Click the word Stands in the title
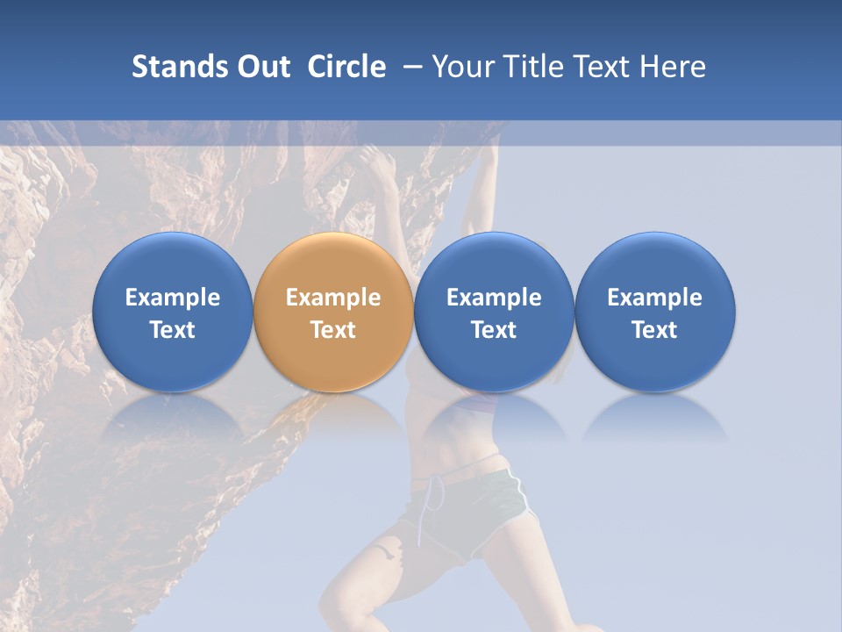[181, 67]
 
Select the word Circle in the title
[346, 67]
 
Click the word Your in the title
[460, 67]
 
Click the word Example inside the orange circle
[333, 298]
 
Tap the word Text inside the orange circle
[333, 330]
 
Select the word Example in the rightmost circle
[655, 298]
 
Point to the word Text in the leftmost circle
[172, 330]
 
